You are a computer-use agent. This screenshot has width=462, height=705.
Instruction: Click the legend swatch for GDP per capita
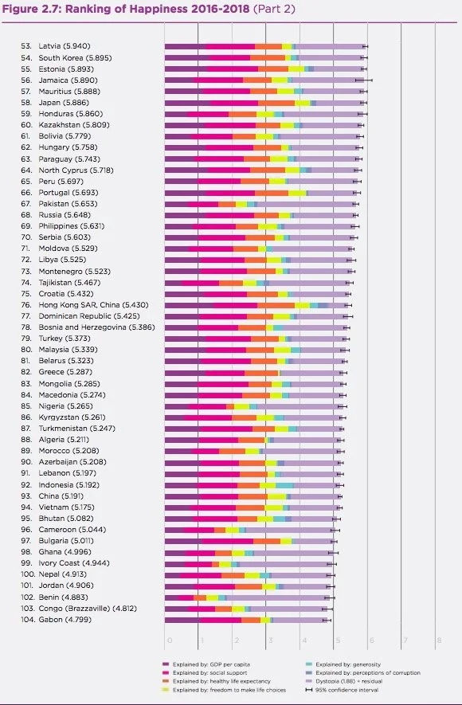165,664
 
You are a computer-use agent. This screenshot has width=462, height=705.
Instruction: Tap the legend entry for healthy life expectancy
216,681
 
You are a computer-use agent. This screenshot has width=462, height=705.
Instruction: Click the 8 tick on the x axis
438,640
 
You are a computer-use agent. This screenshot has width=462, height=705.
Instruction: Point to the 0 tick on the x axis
168,640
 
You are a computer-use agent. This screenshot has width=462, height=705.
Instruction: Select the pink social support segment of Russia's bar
231,215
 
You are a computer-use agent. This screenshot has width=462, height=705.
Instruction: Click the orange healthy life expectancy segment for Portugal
272,193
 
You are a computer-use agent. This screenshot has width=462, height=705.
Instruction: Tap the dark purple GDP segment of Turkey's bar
185,339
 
